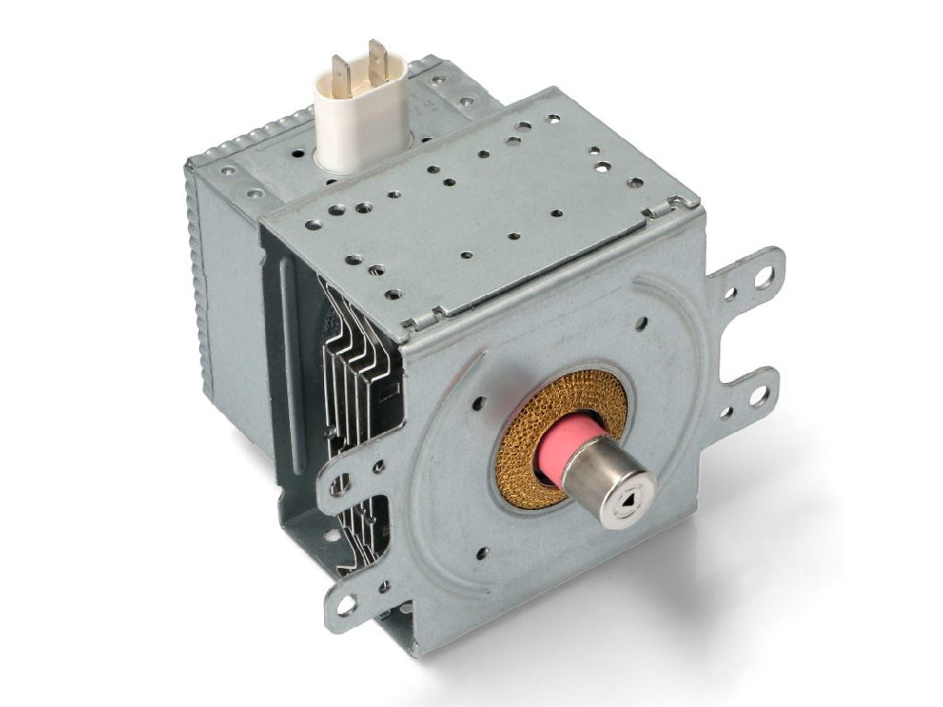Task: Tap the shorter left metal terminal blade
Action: [x=341, y=71]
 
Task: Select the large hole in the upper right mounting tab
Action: [x=763, y=277]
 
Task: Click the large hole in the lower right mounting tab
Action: [x=758, y=397]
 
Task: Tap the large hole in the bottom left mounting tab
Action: [x=346, y=605]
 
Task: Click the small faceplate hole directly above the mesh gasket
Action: [x=641, y=323]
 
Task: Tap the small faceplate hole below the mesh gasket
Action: [x=480, y=553]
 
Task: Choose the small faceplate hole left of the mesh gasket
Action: [x=479, y=402]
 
